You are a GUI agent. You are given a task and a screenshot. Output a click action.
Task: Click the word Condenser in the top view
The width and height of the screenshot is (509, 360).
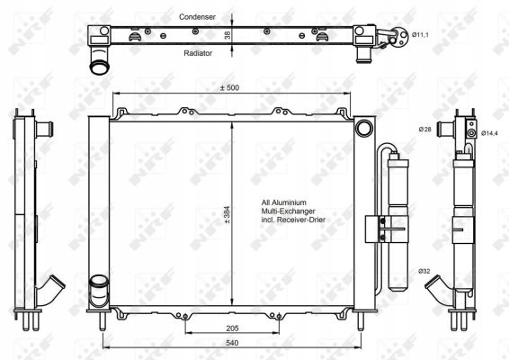197,17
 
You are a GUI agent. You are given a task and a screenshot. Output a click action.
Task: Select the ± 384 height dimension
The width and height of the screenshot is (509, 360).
226,216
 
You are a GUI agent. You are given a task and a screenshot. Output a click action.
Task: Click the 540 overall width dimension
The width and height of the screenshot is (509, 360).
231,342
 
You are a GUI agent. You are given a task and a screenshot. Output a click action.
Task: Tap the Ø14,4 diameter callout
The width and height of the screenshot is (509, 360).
489,134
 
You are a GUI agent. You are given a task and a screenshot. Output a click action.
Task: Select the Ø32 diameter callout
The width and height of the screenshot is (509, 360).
424,271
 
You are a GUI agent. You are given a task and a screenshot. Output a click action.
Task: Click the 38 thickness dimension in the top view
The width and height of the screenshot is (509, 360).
228,34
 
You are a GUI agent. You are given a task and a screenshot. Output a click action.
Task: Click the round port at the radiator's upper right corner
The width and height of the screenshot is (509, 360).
363,129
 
